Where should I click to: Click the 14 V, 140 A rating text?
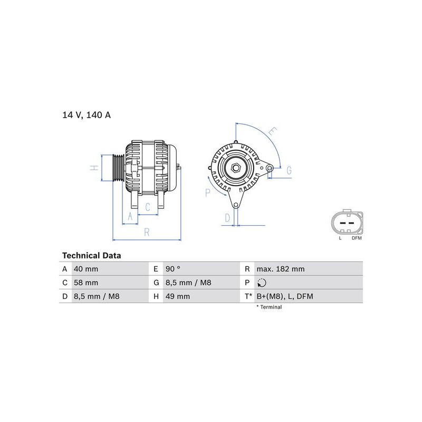[87, 115]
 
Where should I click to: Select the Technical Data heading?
[91, 255]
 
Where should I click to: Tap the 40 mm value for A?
[86, 269]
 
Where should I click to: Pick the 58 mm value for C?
[86, 283]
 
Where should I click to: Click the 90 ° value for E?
[173, 269]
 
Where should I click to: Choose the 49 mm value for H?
[178, 296]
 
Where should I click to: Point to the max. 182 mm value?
[281, 269]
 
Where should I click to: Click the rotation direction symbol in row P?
[262, 283]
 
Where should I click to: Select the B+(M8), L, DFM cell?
[285, 296]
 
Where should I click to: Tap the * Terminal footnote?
[269, 307]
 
